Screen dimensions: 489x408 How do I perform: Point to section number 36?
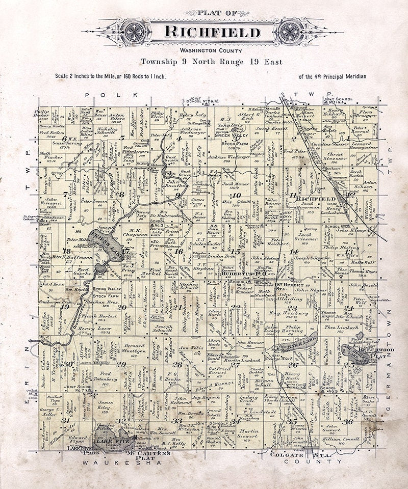point(348,421)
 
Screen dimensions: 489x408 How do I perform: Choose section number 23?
point(292,308)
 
